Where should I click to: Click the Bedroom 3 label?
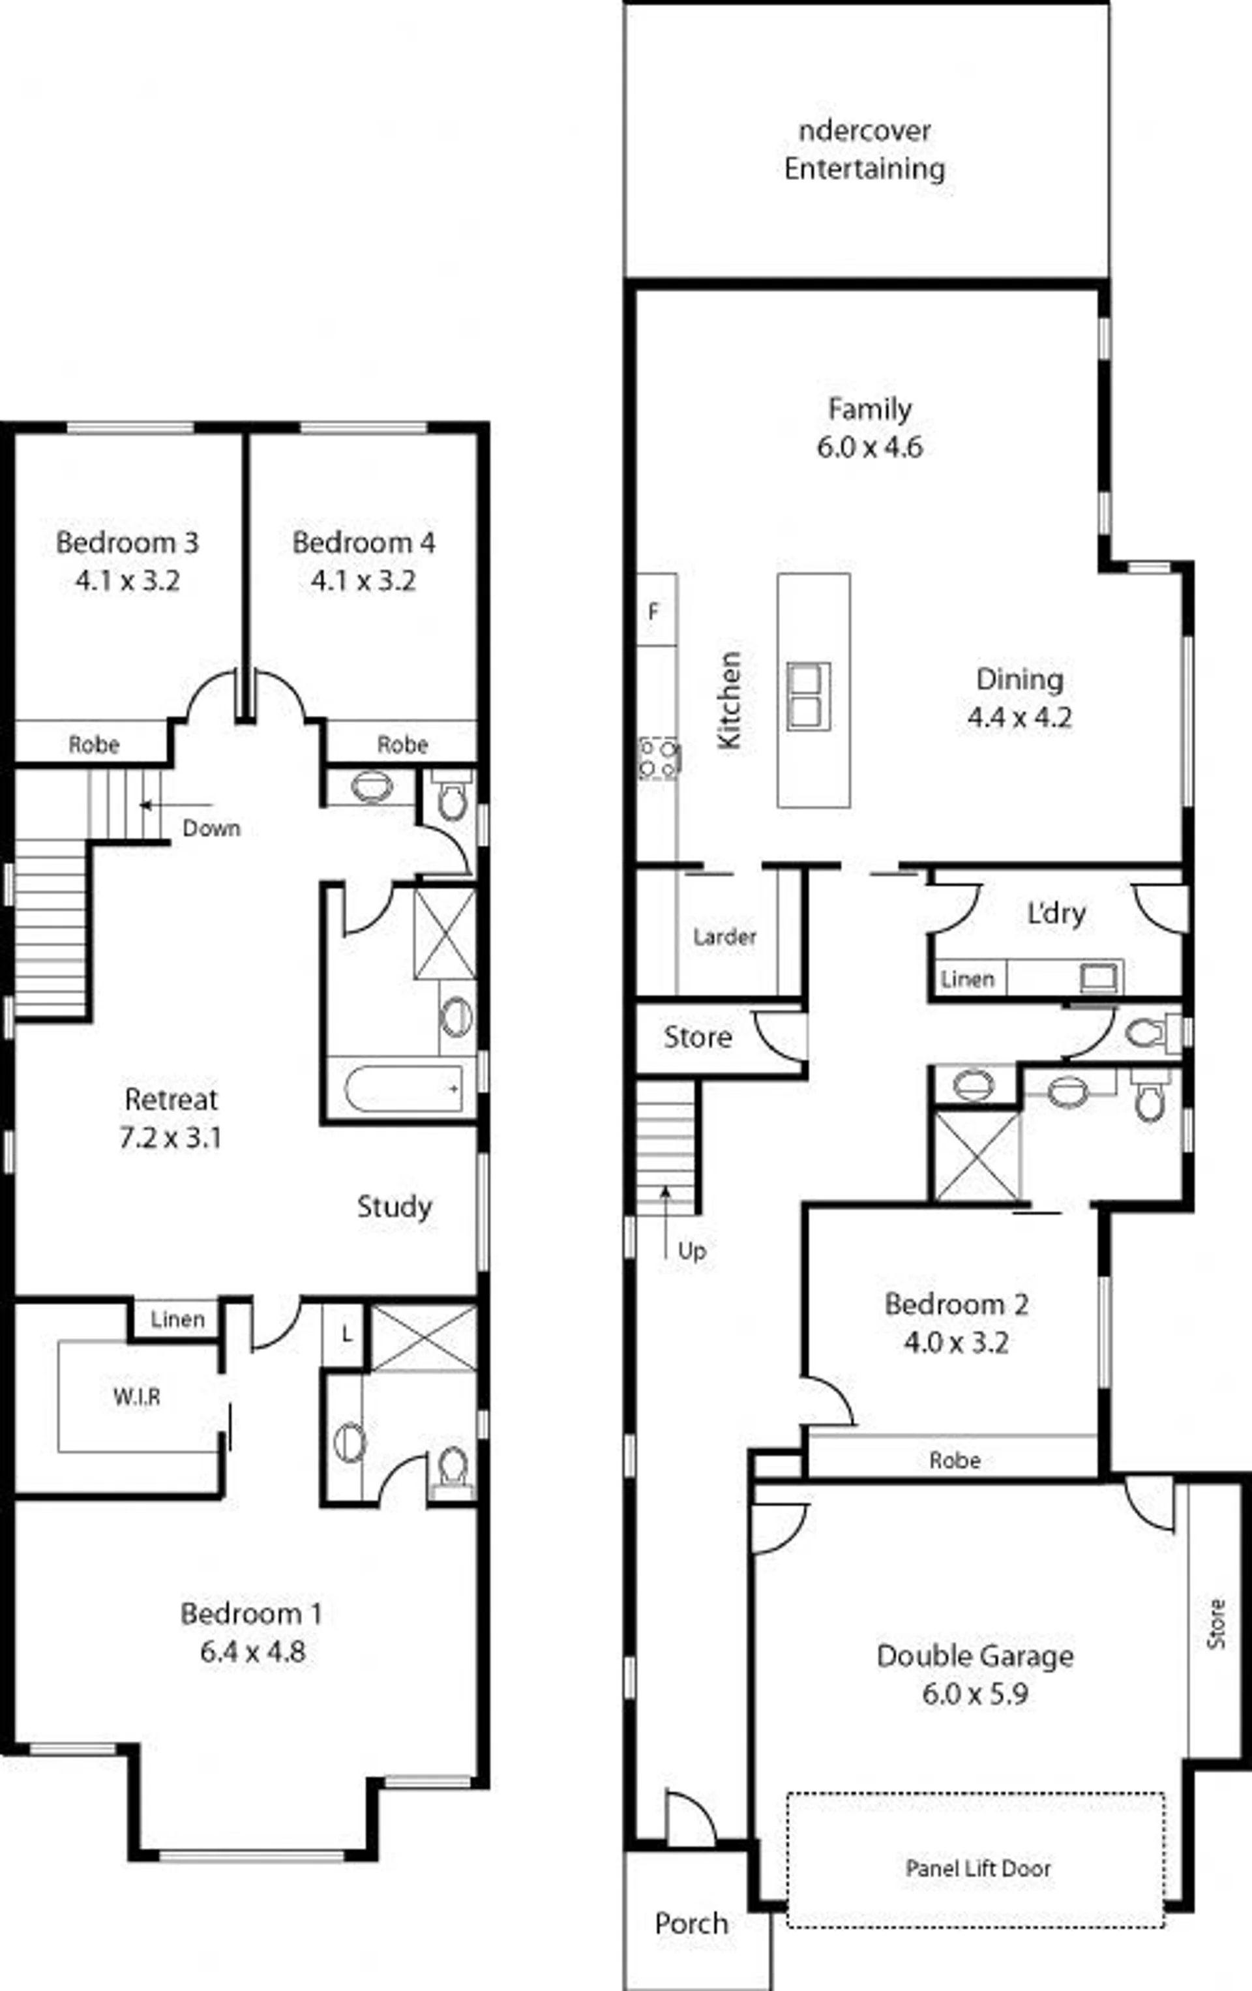tap(127, 543)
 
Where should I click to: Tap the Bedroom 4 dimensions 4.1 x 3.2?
tap(363, 580)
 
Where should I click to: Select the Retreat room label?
tap(171, 1099)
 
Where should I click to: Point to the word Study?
tap(395, 1207)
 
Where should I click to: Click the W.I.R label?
tap(136, 1396)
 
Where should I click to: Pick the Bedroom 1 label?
tap(252, 1613)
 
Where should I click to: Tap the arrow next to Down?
tap(176, 805)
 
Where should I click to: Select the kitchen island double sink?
tap(809, 696)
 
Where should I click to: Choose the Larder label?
tap(724, 936)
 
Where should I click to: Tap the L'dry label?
tap(1056, 913)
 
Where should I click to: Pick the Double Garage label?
tap(975, 1656)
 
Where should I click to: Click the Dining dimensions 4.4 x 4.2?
tap(1020, 717)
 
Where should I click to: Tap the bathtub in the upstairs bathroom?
tap(404, 1089)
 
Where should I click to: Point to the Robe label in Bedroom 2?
tap(955, 1460)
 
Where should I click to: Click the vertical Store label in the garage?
tap(1215, 1624)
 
